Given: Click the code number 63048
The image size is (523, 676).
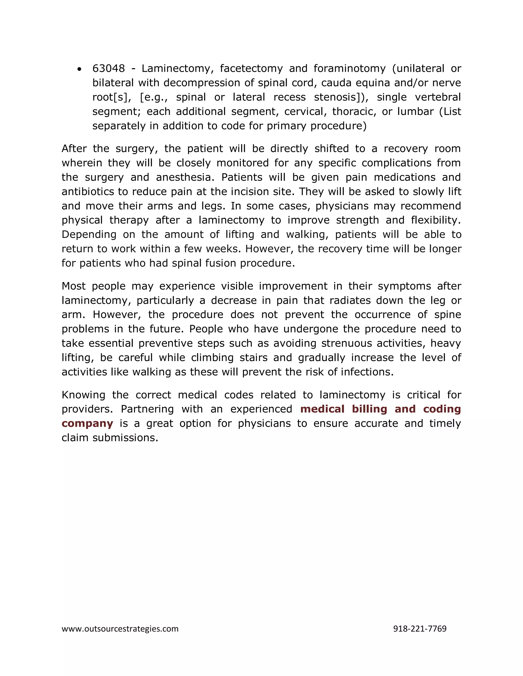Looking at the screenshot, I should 109,68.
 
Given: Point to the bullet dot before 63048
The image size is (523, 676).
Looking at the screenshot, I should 80,69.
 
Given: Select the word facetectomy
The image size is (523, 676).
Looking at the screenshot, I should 251,68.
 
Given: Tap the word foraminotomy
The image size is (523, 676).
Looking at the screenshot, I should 350,68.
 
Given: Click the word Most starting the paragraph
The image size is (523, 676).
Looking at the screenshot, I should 74,286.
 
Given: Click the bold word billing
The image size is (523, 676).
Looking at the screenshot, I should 369,409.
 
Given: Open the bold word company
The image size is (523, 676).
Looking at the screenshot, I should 87,423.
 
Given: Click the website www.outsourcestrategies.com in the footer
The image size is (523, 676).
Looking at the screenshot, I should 120,629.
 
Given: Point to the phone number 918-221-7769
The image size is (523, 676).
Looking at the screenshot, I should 420,629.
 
